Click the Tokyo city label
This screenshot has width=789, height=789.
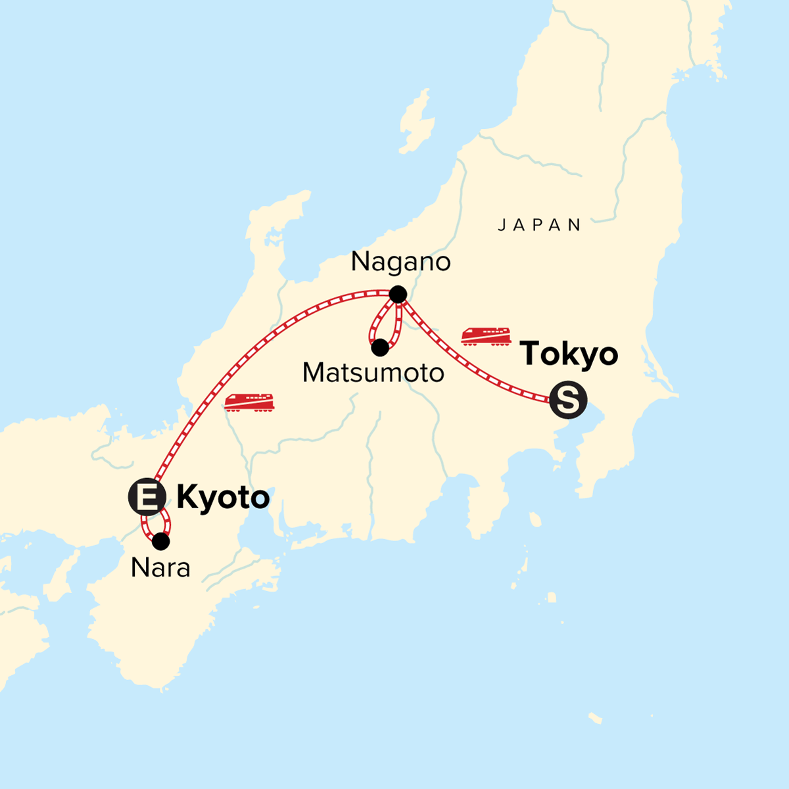coord(569,355)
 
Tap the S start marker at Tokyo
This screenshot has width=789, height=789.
coord(567,399)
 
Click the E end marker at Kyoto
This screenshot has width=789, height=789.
coord(146,497)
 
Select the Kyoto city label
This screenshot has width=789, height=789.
coord(223,498)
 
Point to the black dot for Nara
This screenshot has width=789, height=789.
coord(160,542)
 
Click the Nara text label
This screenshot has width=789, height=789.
coord(160,568)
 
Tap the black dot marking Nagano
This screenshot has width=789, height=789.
coord(398,294)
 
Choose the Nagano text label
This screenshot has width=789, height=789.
coord(400,262)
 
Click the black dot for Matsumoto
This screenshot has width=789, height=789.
coord(379,348)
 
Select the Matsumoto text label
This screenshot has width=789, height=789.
coord(373,373)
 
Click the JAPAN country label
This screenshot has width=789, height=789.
coord(539,226)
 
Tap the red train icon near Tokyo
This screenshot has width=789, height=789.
coord(486,335)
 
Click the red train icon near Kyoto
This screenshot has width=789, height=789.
coord(249,402)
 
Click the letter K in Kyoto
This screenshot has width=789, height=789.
coord(187,498)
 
